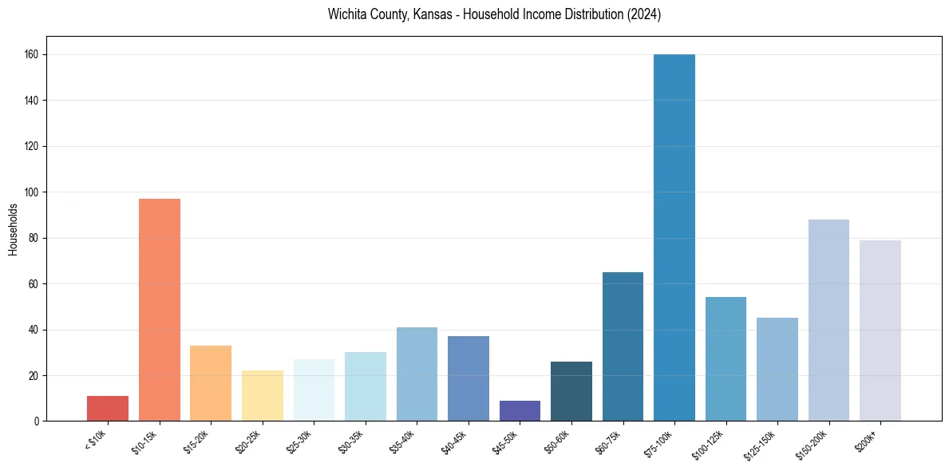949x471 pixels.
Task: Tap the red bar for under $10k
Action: [x=108, y=408]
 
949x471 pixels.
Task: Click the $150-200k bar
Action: [x=828, y=320]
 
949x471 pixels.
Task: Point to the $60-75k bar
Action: [x=623, y=346]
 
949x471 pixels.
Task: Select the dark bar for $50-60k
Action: [x=571, y=391]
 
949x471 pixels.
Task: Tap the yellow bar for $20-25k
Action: [x=263, y=395]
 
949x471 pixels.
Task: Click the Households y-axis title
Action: [x=13, y=229]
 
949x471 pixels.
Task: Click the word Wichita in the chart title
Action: [x=346, y=15]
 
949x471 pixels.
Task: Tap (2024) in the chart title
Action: [x=645, y=15]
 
